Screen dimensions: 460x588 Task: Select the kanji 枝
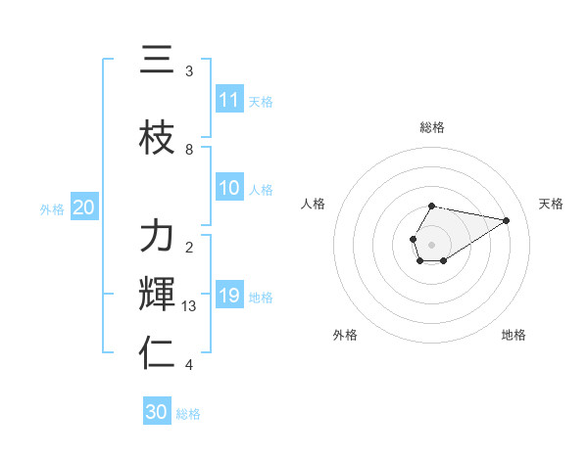(x=157, y=138)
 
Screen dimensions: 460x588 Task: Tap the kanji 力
(x=157, y=236)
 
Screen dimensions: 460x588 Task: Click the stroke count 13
(x=189, y=306)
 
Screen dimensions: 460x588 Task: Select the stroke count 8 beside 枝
(x=189, y=150)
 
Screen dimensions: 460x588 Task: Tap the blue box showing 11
(x=229, y=100)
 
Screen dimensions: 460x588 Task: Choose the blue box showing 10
(x=229, y=188)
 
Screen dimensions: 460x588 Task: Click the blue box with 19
(x=229, y=296)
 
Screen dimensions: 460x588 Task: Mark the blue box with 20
(x=83, y=207)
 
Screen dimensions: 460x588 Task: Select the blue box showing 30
(x=157, y=412)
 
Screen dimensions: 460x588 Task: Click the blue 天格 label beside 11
(x=261, y=102)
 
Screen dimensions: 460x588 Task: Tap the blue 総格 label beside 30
(x=188, y=414)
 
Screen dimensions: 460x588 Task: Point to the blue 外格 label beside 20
(x=52, y=209)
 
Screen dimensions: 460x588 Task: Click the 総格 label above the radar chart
(x=431, y=127)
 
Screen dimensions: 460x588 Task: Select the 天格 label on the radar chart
(x=551, y=204)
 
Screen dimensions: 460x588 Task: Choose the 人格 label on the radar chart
(x=314, y=204)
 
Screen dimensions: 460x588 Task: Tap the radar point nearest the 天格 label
(x=507, y=220)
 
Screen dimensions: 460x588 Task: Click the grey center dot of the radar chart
(x=431, y=244)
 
